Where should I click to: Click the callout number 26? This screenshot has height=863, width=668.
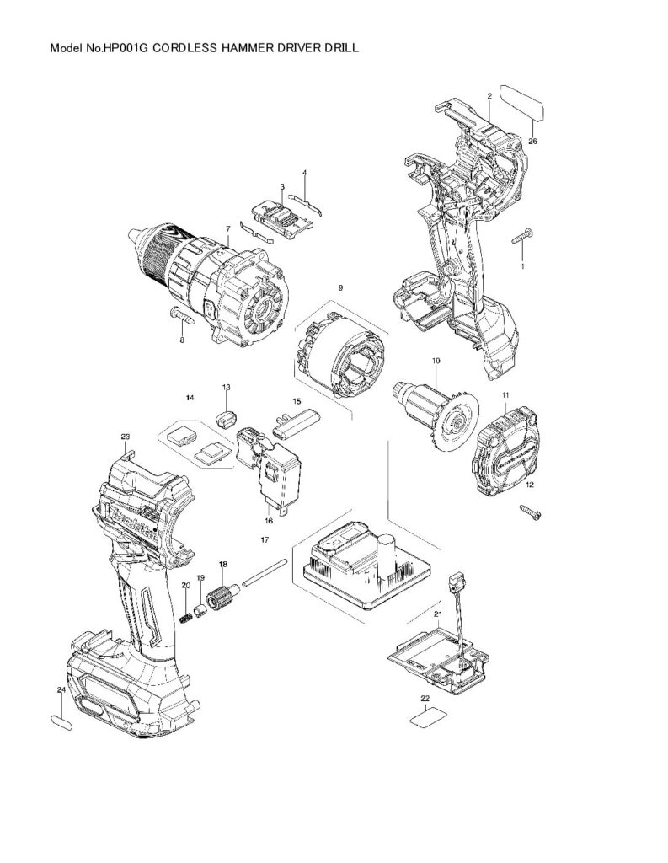point(532,142)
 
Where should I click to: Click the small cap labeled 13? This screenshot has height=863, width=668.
point(226,417)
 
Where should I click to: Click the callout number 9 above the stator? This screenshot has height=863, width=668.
point(340,288)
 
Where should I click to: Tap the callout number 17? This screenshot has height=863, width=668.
point(264,539)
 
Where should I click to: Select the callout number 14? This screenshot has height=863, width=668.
point(190,396)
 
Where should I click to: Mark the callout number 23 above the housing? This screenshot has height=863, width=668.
point(126,437)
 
